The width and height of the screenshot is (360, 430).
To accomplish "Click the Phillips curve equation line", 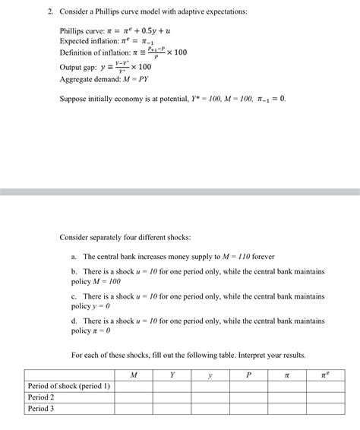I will [109, 30].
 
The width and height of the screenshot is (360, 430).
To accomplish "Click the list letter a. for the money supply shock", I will [74, 257].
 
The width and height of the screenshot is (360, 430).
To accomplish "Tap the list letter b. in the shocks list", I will [74, 270].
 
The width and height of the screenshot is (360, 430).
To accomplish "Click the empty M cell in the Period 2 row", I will [134, 397].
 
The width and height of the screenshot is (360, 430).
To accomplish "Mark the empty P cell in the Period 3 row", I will [248, 409].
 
